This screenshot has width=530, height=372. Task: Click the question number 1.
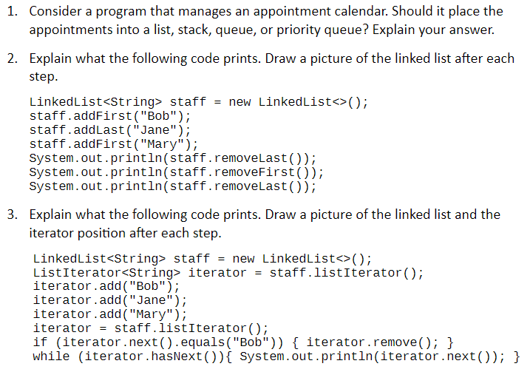click(12, 12)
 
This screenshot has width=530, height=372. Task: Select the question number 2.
click(12, 59)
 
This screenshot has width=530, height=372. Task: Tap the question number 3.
click(12, 214)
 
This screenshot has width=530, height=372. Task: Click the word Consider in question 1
click(55, 12)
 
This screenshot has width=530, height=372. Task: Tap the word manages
click(205, 12)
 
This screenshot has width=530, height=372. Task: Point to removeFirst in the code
click(254, 172)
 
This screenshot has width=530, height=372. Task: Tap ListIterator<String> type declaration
click(106, 273)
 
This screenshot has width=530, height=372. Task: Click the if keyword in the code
click(40, 342)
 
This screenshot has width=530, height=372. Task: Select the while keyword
click(52, 356)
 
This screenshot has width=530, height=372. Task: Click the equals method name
click(203, 343)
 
